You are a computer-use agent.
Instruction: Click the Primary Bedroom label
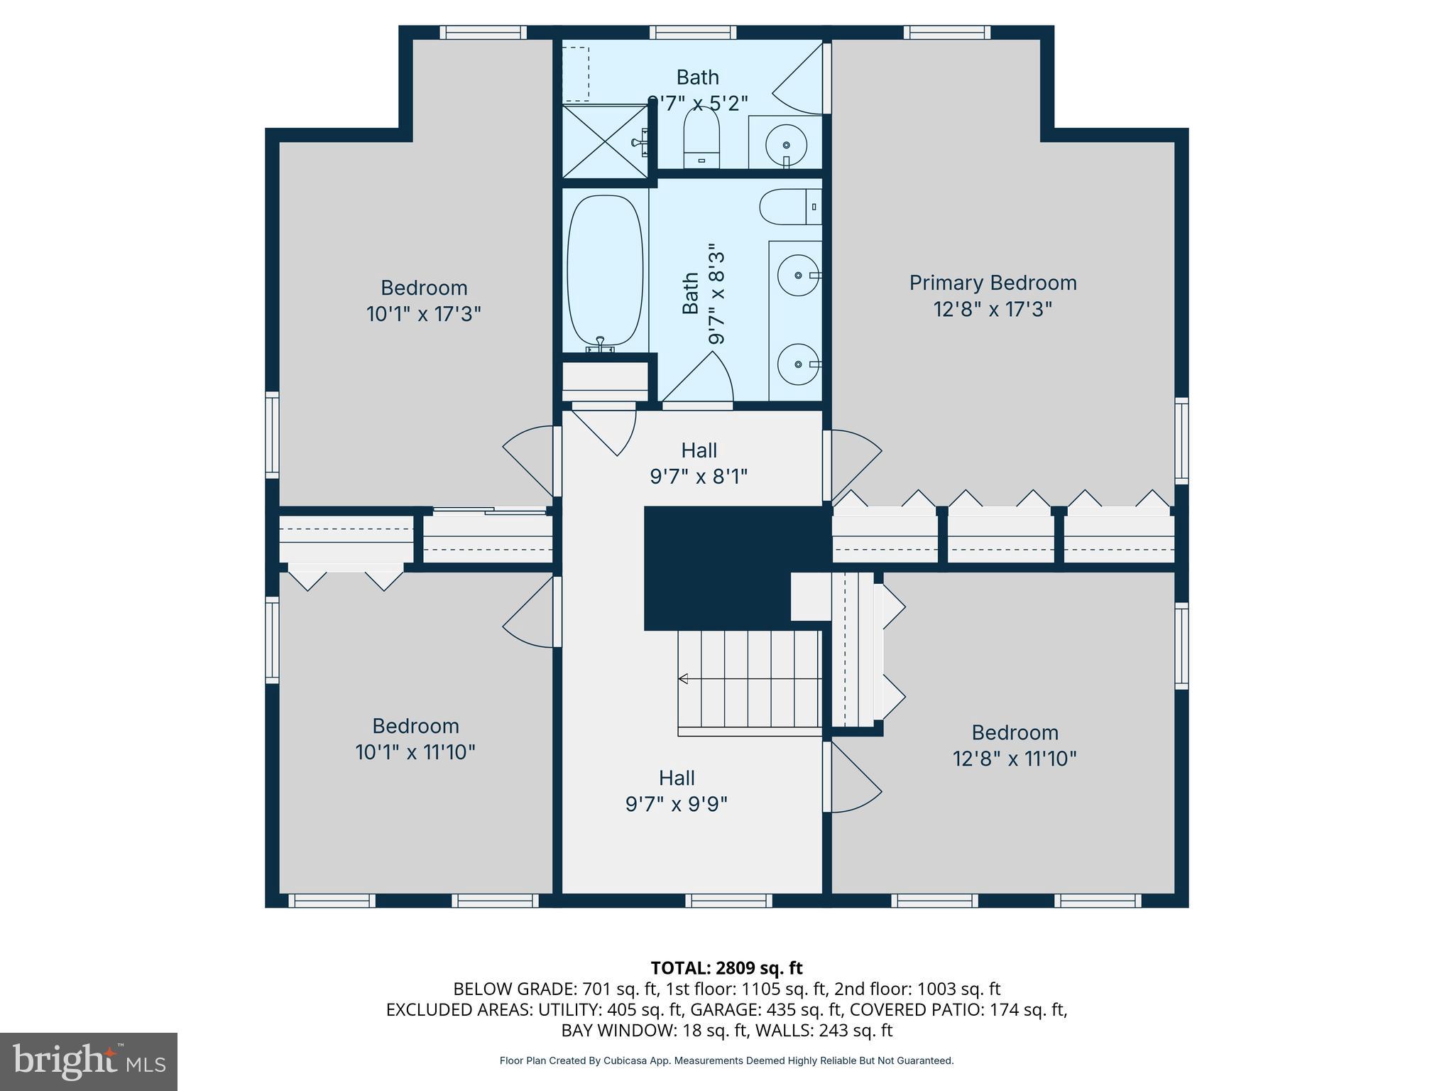(x=993, y=283)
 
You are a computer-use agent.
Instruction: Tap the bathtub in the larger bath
(x=605, y=271)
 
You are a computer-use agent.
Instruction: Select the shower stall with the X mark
(x=604, y=141)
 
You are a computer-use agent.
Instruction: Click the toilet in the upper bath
(x=701, y=139)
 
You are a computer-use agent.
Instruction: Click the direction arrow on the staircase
(x=683, y=678)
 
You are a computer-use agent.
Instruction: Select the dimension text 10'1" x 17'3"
(x=424, y=314)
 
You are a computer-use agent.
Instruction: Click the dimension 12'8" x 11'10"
(x=1015, y=759)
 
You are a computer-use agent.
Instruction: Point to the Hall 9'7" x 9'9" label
(x=677, y=791)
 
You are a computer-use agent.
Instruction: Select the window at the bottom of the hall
(x=728, y=901)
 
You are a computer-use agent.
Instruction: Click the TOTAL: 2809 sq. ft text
(x=726, y=967)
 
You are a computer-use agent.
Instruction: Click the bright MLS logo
(x=89, y=1061)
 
